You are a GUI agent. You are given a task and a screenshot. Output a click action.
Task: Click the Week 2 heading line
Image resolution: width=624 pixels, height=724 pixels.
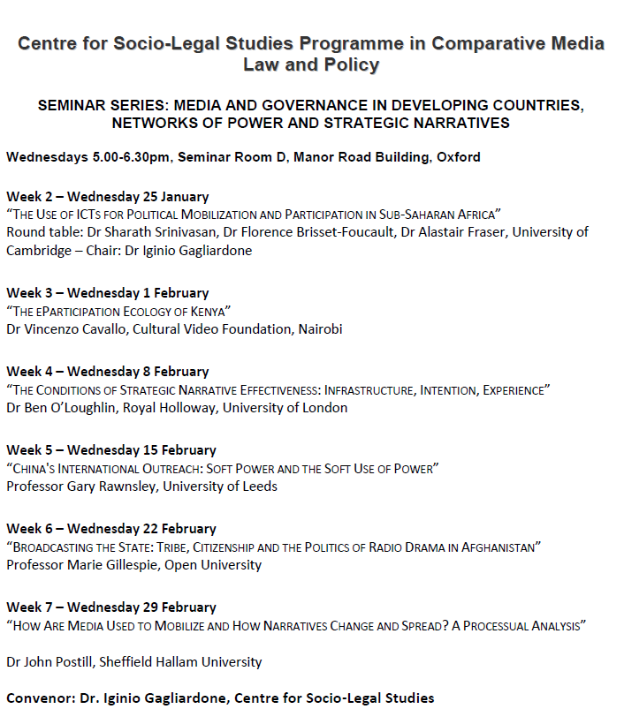(107, 196)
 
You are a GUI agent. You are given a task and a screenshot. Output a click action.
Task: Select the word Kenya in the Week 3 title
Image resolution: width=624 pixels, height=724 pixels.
(209, 311)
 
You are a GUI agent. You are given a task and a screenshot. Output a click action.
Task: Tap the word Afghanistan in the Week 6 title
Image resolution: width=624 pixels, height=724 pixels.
(495, 547)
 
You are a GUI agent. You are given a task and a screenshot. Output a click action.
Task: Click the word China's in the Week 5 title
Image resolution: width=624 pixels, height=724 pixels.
(36, 469)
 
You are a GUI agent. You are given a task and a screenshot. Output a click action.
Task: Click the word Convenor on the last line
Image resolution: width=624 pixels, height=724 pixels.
(40, 698)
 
